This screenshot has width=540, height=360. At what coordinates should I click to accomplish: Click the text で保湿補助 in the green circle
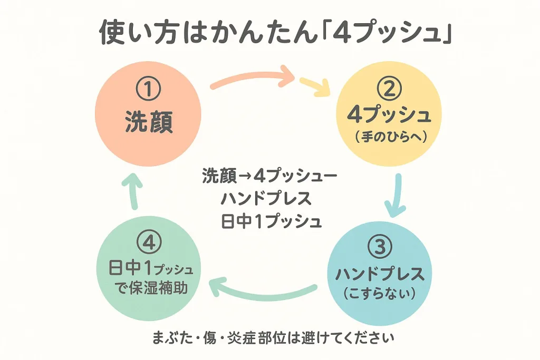(151, 288)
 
